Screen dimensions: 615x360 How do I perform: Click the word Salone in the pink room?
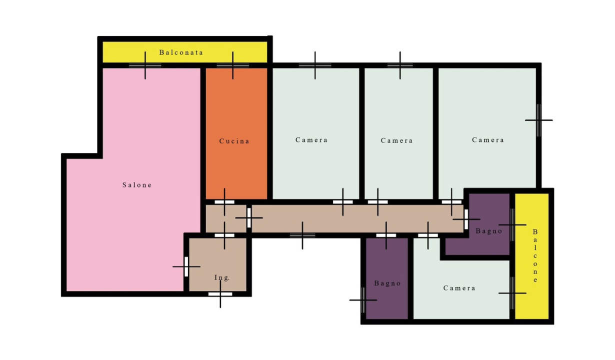point(137,185)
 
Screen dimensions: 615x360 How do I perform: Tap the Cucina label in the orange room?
point(234,141)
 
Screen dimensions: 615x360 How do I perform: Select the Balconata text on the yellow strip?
point(181,52)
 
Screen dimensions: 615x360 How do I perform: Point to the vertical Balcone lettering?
point(535,255)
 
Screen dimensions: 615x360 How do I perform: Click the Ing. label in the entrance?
point(222,277)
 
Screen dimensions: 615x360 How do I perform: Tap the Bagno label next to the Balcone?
point(488,231)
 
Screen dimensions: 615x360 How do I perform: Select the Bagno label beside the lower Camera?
point(387,283)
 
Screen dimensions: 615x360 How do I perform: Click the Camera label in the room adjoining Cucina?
point(311,140)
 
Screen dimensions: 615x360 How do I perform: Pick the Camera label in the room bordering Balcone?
point(459,288)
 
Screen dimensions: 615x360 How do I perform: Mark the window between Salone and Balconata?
point(145,65)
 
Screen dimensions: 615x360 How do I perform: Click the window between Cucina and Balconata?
point(233,65)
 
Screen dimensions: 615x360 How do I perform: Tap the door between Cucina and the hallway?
point(224,202)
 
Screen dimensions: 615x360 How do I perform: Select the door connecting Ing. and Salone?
point(186,266)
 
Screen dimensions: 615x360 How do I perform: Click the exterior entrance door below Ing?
point(220,294)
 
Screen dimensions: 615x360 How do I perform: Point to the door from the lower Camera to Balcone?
point(512,293)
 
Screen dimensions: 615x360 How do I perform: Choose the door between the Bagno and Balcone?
point(512,225)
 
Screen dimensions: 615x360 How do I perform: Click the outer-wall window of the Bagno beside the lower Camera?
point(363,300)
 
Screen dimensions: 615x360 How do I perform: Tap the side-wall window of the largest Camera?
point(538,120)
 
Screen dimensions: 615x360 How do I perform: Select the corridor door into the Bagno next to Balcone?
point(466,219)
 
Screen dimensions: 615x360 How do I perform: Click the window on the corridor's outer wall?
point(302,235)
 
